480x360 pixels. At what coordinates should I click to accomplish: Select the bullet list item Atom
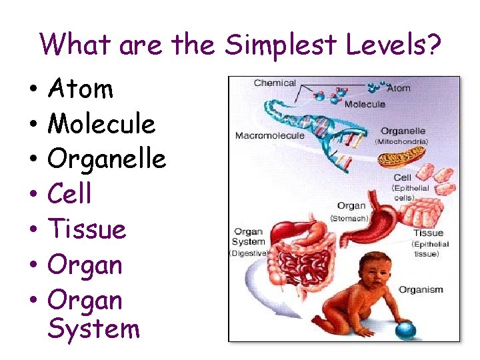[x=81, y=89]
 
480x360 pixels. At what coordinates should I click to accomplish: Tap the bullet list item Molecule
[x=101, y=124]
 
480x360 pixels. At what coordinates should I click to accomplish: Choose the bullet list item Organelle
[x=107, y=159]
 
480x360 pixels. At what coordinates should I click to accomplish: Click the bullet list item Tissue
[x=87, y=230]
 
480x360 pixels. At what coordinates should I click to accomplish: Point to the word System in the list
[x=94, y=329]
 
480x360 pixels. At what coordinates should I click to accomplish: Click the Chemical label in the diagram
[x=275, y=83]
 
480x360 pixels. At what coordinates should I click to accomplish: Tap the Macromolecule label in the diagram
[x=269, y=136]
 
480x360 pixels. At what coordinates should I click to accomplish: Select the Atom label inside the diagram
[x=399, y=88]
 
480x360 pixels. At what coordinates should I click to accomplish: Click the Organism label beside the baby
[x=420, y=290]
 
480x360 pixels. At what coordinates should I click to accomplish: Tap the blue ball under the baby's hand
[x=404, y=329]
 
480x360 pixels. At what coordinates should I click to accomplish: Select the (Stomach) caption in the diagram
[x=350, y=218]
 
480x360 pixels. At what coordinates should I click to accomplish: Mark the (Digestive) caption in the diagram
[x=249, y=253]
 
